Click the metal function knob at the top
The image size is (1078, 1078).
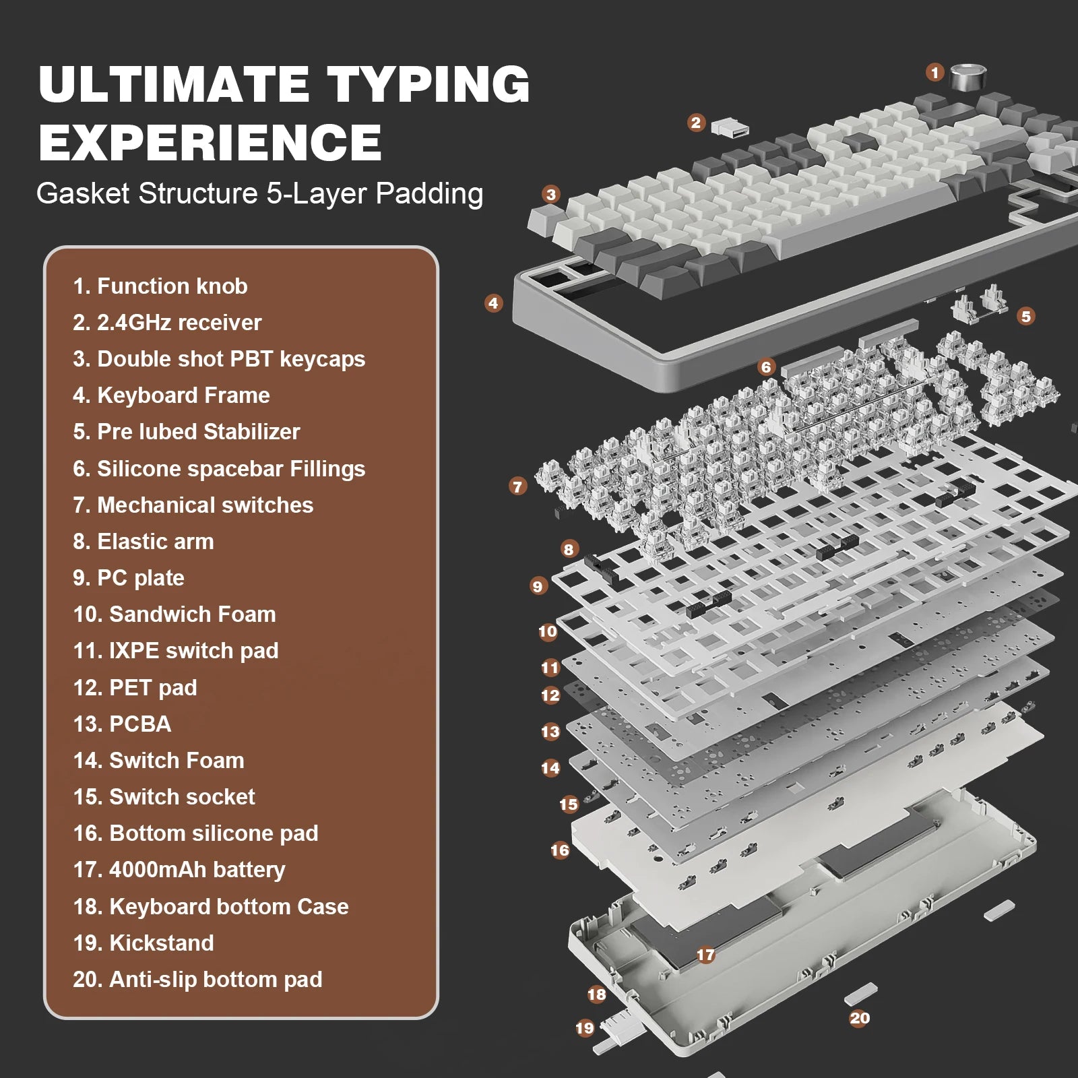[x=967, y=76]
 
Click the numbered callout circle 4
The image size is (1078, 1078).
[x=493, y=303]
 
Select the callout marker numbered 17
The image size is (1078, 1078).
[x=705, y=955]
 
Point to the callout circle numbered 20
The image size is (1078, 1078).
[x=860, y=1018]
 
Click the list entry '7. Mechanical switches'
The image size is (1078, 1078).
[x=193, y=505]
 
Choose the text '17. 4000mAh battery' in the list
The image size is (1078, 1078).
[x=179, y=870]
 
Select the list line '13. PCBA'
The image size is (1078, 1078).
[x=122, y=724]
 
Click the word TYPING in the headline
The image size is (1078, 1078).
[x=429, y=85]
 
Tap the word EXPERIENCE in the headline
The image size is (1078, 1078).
[x=210, y=142]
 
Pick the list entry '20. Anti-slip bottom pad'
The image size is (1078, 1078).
[x=197, y=980]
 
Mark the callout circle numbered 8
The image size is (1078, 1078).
[x=569, y=549]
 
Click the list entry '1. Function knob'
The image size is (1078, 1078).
[x=160, y=286]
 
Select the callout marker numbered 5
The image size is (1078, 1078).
[x=1025, y=316]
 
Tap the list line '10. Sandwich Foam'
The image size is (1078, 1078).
[x=175, y=614]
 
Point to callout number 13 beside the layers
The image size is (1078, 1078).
[x=550, y=732]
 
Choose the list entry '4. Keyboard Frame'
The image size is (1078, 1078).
[x=171, y=395]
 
